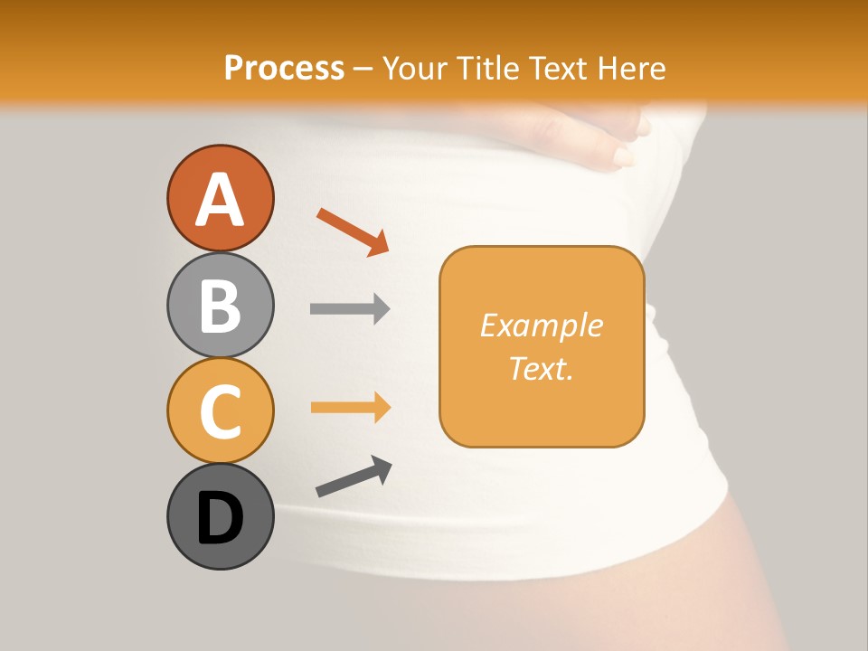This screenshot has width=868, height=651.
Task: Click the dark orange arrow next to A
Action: point(354,232)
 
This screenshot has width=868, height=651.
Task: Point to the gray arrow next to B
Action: point(350,309)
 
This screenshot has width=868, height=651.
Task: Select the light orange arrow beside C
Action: point(350,408)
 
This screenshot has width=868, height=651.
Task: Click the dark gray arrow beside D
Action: point(354,476)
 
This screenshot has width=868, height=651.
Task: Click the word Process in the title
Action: point(284,68)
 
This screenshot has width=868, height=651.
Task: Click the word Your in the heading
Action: point(413,68)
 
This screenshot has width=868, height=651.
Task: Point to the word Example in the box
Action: point(541,325)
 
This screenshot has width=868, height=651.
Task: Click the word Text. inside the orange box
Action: point(541,368)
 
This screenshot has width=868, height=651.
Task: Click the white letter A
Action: point(220,200)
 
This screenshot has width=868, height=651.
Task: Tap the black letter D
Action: point(220,518)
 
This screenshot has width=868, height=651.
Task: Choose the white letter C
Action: point(220,411)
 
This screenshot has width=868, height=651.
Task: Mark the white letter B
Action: point(220,306)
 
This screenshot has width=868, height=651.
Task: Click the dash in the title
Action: point(363,69)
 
